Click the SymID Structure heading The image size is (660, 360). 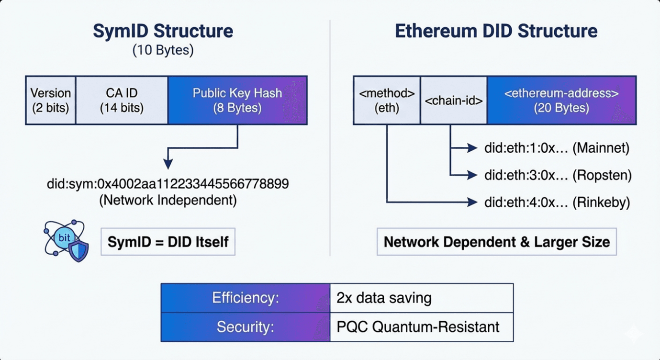163,31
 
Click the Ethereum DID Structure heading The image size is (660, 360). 496,31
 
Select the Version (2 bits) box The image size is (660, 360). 50,101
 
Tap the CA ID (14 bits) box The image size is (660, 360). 122,101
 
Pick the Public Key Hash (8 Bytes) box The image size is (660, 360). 237,101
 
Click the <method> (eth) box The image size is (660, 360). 386,101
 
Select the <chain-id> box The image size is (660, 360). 453,101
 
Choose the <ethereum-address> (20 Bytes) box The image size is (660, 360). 561,101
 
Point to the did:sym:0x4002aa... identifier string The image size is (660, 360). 168,184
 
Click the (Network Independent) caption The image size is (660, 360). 168,200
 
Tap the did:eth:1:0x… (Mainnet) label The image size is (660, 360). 557,148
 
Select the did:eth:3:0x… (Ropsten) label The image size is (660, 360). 558,176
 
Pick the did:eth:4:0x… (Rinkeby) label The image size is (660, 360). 557,203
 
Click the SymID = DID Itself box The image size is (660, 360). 168,242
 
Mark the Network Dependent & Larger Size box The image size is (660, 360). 497,242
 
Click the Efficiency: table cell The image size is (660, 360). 246,298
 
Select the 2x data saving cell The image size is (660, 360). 421,298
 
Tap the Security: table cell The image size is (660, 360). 246,327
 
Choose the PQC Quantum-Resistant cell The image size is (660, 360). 421,327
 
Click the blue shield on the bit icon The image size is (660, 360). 78,250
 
